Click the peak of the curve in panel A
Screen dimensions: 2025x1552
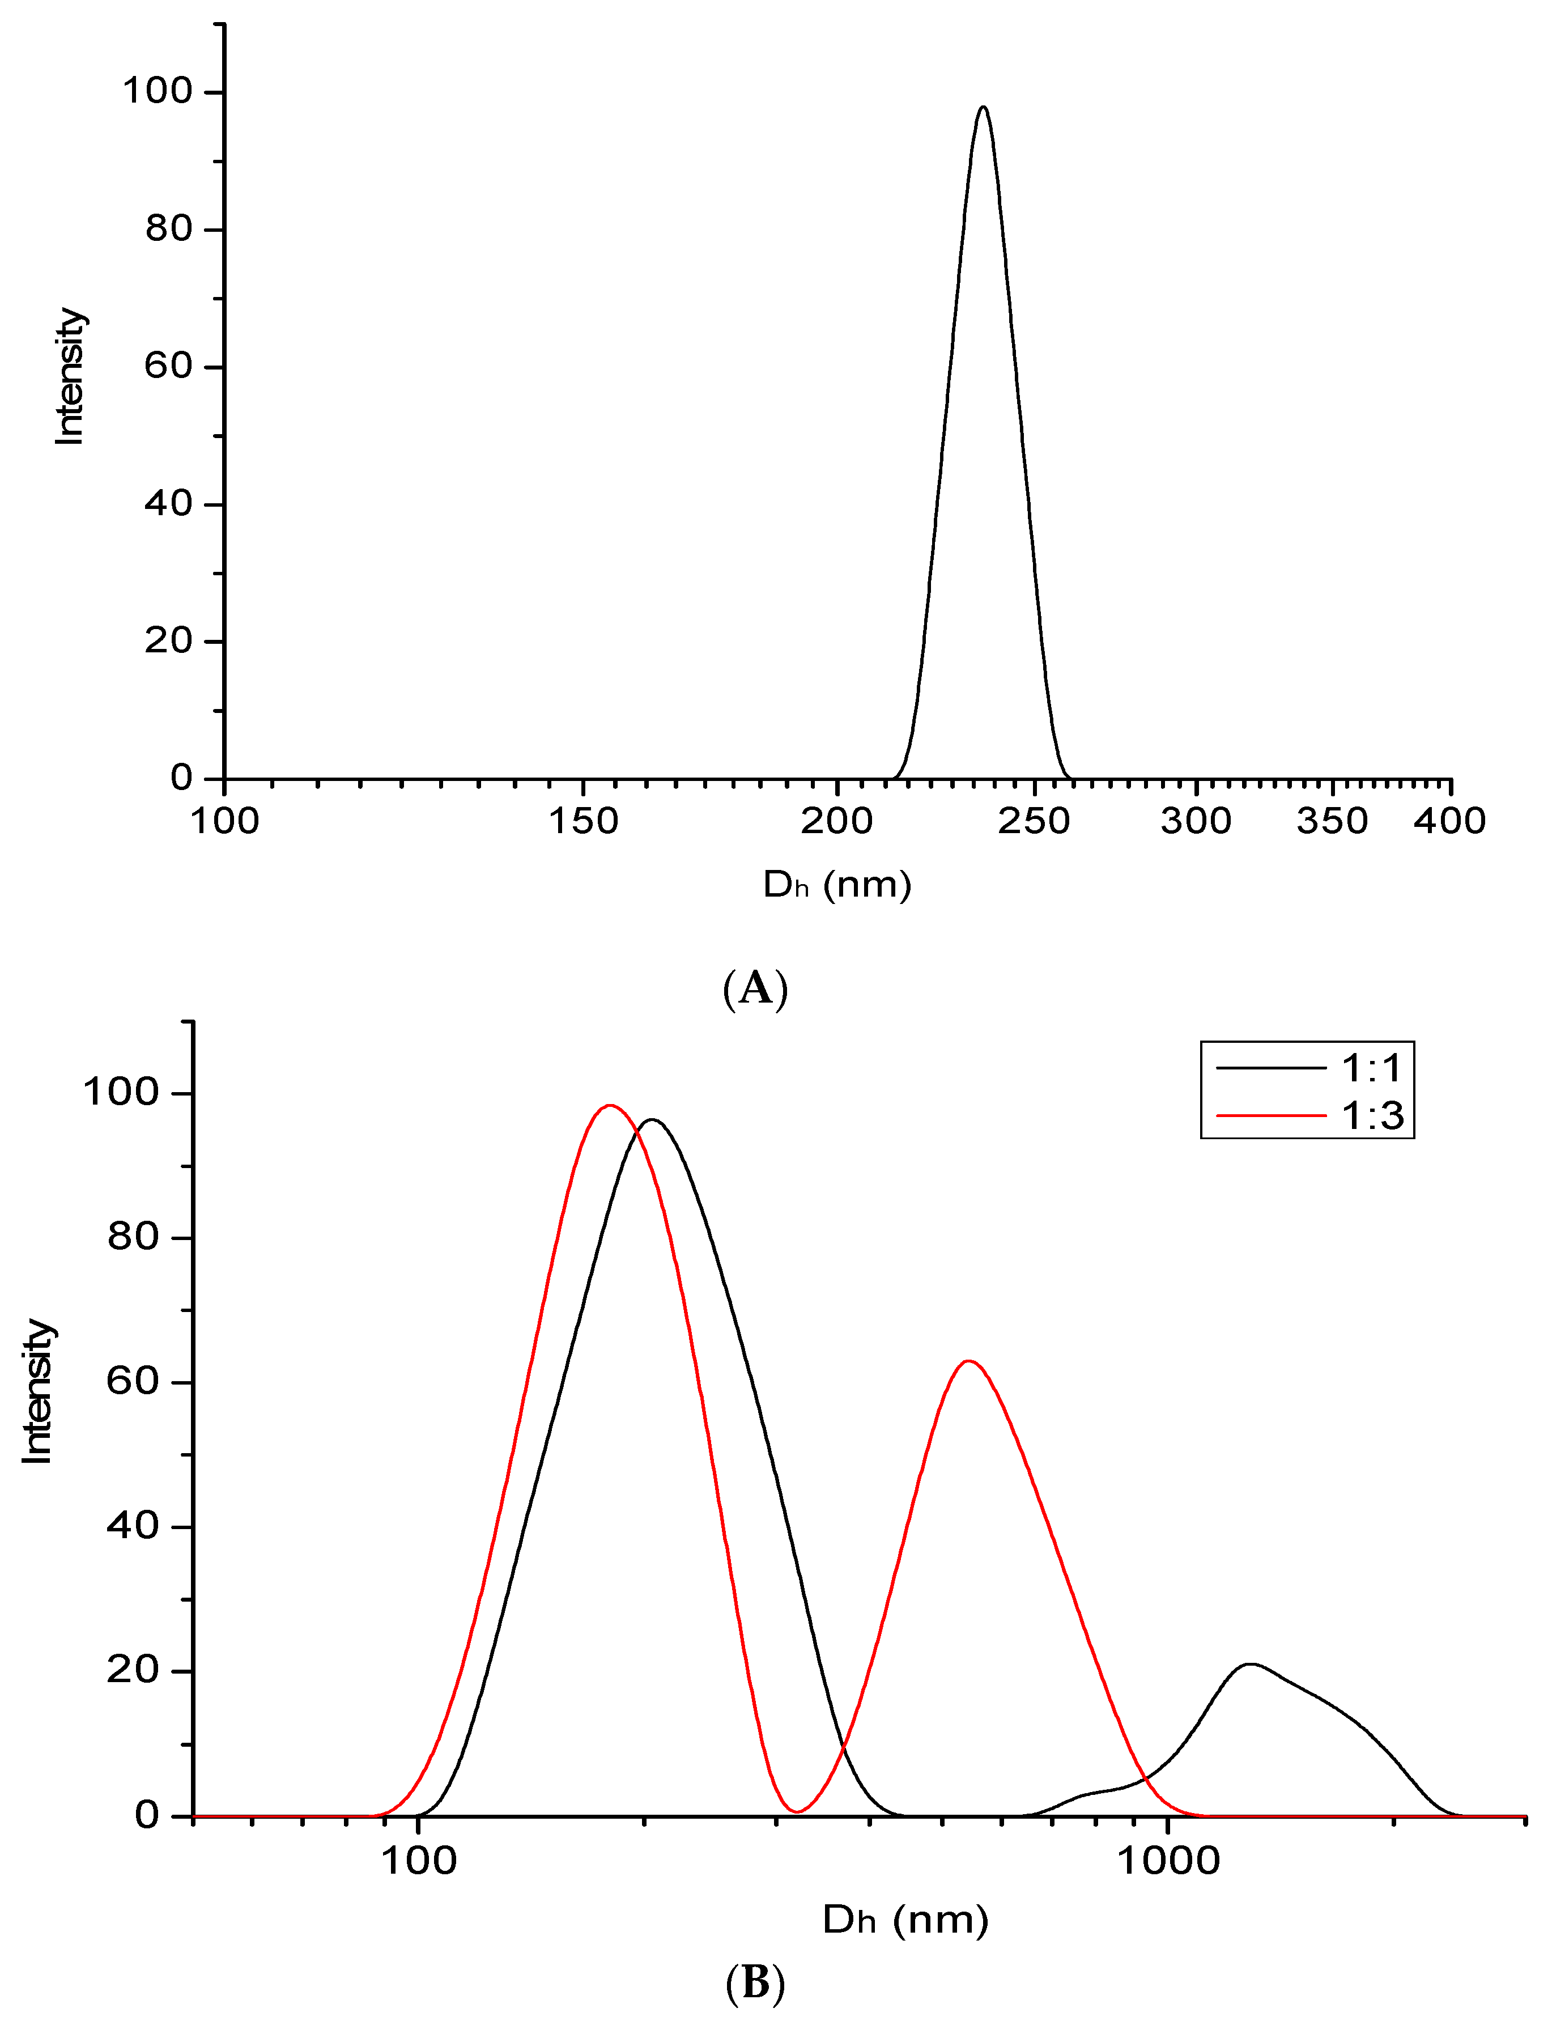[983, 108]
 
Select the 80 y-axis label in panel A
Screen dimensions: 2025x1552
[168, 228]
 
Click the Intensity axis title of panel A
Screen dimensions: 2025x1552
[69, 377]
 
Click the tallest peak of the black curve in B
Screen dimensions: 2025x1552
[652, 1120]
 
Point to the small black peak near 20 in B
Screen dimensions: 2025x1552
[1250, 1665]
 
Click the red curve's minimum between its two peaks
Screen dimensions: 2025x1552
[796, 1811]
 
